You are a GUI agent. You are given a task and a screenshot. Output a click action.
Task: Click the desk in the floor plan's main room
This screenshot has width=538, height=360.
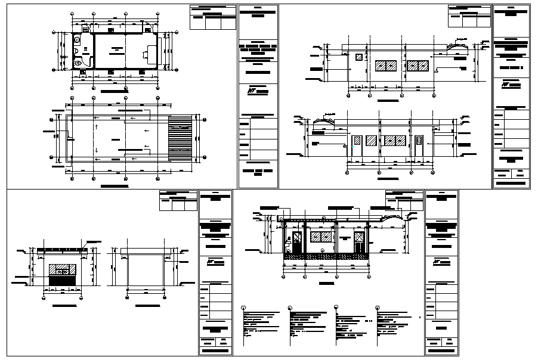146,55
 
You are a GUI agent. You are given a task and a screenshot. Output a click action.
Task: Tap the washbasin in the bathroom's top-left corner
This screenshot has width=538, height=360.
77,40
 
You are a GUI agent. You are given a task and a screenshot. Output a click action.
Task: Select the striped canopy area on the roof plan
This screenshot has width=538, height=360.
178,137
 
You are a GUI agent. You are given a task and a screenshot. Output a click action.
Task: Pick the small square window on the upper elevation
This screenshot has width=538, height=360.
359,57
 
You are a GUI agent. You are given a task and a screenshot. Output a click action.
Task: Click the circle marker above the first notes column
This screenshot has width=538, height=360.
244,308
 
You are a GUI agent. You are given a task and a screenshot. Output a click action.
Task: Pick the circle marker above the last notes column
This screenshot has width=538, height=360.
378,308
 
